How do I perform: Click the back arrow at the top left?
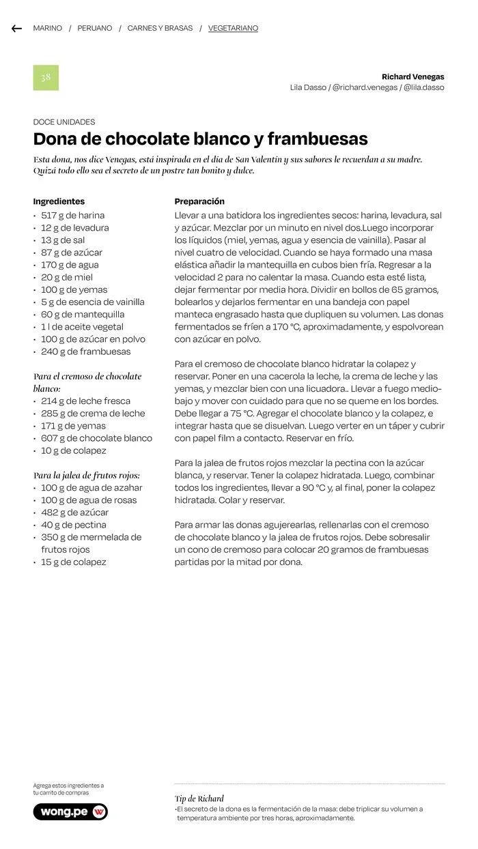[x=17, y=29]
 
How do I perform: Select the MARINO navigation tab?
[x=47, y=29]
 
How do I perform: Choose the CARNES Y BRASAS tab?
[x=160, y=29]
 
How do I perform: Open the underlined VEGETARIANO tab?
[x=233, y=29]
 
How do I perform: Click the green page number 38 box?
[x=46, y=78]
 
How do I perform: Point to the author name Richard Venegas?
[x=412, y=77]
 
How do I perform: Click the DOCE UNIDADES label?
[x=64, y=122]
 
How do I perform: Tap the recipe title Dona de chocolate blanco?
[x=200, y=139]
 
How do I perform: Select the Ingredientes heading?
[x=59, y=201]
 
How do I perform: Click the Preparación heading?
[x=199, y=201]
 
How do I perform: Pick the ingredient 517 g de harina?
[x=72, y=215]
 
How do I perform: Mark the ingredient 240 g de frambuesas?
[x=85, y=351]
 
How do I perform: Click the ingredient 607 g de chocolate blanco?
[x=96, y=438]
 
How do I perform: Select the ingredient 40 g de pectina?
[x=73, y=525]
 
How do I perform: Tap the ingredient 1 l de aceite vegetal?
[x=82, y=327]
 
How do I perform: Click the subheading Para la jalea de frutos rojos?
[x=87, y=475]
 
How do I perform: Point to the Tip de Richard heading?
[x=199, y=798]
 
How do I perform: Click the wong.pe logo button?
[x=70, y=811]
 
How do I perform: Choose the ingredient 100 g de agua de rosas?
[x=88, y=500]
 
